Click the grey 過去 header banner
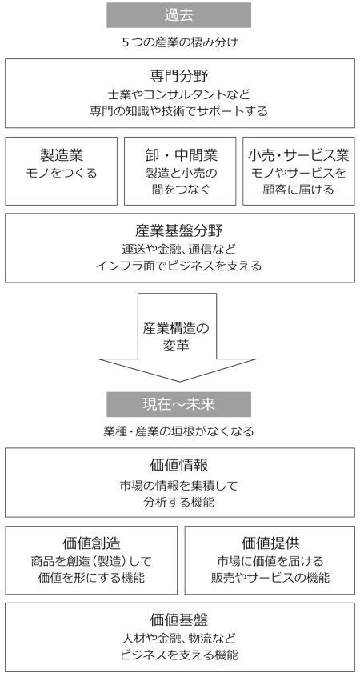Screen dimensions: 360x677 pos(178,15)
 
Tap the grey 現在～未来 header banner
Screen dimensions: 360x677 pos(178,404)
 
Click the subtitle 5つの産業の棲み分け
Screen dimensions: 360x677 pos(179,42)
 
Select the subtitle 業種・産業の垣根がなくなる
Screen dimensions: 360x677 pos(178,431)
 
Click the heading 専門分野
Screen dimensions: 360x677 pos(179,76)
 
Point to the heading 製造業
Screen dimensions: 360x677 pos(62,154)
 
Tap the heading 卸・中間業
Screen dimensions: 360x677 pos(179,154)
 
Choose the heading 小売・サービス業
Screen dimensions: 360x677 pos(298,154)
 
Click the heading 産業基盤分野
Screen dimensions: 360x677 pos(179,230)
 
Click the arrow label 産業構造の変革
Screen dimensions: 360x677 pos(176,337)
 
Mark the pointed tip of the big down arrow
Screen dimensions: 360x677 pos(179,382)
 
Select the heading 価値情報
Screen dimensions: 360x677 pos(179,465)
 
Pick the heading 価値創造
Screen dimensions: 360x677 pos(91,543)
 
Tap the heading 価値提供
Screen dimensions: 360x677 pos(270,543)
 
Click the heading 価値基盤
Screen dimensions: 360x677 pos(179,619)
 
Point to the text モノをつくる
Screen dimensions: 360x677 pos(62,173)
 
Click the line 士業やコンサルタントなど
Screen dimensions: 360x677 pos(179,94)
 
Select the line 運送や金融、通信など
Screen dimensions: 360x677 pos(179,249)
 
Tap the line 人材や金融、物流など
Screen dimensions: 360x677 pos(179,638)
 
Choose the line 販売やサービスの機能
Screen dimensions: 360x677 pos(270,578)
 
